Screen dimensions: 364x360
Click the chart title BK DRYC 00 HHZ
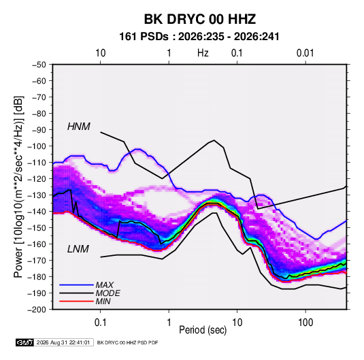click(x=200, y=19)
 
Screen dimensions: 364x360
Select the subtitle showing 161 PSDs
click(x=199, y=37)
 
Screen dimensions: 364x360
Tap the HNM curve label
click(x=79, y=127)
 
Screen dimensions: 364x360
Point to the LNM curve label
click(x=78, y=249)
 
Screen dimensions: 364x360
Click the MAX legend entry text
click(x=105, y=285)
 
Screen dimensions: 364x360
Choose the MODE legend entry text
click(x=107, y=293)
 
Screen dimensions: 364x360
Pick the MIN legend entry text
click(x=103, y=301)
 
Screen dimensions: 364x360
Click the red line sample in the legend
click(x=76, y=301)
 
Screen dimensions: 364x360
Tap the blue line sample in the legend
click(x=76, y=284)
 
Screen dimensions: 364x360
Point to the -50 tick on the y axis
click(x=39, y=65)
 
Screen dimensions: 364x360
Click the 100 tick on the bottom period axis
click(x=305, y=323)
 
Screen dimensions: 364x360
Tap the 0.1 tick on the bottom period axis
click(x=100, y=323)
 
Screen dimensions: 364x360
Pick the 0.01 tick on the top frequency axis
click(x=305, y=53)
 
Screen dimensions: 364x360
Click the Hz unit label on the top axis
click(x=203, y=53)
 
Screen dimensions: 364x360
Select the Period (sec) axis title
click(x=203, y=330)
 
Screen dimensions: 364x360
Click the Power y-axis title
click(x=18, y=186)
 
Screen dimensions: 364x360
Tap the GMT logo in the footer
click(x=24, y=342)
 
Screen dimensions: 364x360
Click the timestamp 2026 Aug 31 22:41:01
click(x=63, y=342)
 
